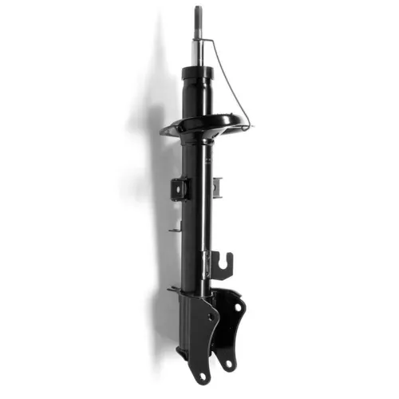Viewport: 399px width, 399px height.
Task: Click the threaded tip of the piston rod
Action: click(198, 14)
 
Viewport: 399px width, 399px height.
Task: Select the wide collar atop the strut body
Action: click(197, 73)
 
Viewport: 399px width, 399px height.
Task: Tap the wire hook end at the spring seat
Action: click(248, 126)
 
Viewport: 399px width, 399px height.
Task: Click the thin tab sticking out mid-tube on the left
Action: click(175, 231)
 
